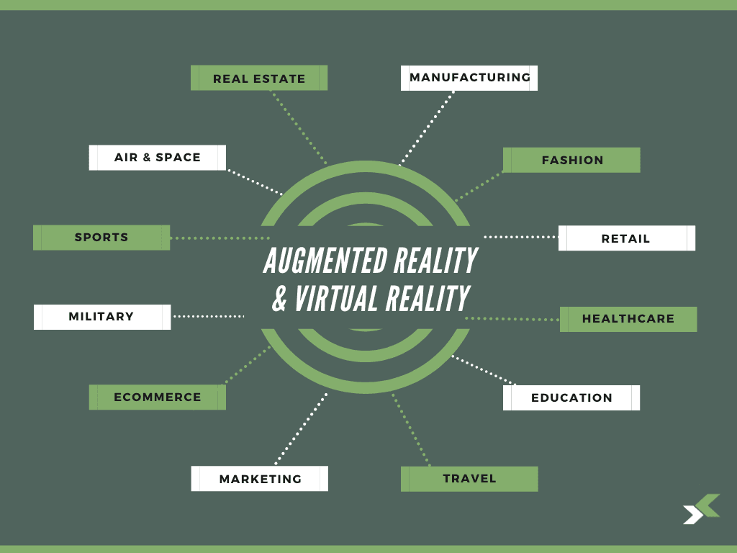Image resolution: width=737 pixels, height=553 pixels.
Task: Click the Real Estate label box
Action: [x=259, y=78]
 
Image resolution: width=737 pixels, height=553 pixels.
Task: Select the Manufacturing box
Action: [x=469, y=78]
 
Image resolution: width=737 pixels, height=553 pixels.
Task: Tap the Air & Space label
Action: [x=158, y=158]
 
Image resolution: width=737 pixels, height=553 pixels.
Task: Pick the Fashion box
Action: [x=571, y=160]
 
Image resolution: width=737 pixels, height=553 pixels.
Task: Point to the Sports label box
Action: [x=101, y=238]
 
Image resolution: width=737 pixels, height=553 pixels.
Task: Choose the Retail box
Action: [x=627, y=238]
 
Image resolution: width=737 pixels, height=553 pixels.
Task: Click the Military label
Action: [x=102, y=317]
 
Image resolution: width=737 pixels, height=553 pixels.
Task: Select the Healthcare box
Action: [x=628, y=319]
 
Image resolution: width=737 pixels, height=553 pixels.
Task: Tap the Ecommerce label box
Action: [x=158, y=397]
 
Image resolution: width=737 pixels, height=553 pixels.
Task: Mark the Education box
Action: [x=571, y=397]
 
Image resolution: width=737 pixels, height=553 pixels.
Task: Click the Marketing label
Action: [x=259, y=479]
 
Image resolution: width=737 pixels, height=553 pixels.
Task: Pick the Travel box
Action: [x=469, y=479]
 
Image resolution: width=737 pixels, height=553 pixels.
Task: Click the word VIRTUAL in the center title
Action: [x=337, y=298]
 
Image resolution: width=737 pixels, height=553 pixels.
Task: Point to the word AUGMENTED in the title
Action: [x=326, y=260]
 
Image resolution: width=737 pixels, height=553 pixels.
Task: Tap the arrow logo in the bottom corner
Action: [x=701, y=509]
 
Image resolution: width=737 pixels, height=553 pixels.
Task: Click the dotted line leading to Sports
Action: [x=220, y=238]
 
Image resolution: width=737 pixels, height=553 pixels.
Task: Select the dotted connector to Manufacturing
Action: [x=427, y=128]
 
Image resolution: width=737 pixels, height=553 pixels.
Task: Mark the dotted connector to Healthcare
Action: [x=512, y=319]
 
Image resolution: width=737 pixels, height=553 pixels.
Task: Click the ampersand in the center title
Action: [x=280, y=299]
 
